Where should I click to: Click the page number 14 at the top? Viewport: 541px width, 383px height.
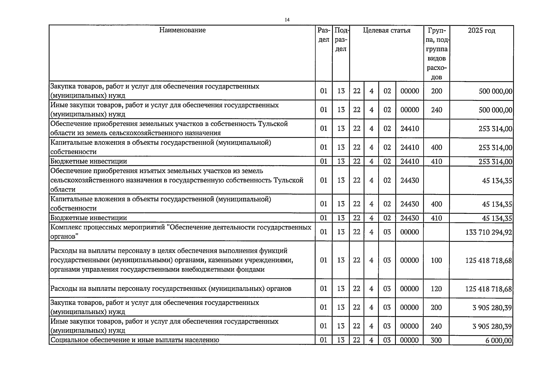coord(287,20)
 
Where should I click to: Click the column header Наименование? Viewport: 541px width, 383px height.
coord(182,30)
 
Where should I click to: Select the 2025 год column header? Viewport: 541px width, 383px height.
coord(481,31)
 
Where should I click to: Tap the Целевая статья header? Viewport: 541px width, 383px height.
coord(387,31)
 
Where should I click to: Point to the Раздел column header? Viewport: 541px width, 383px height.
coord(324,35)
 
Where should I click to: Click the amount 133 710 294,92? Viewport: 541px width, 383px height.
coord(488,232)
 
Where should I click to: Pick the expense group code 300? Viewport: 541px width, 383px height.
coord(436,340)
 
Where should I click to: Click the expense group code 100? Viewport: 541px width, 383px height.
coord(436,260)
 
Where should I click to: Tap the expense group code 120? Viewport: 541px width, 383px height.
coord(436,289)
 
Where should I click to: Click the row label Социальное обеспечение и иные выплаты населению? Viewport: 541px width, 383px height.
coord(135,340)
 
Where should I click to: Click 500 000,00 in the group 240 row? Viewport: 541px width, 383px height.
coord(495,110)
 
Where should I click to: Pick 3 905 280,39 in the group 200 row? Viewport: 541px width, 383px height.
coord(492,308)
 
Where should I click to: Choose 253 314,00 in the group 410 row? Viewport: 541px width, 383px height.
coord(495,162)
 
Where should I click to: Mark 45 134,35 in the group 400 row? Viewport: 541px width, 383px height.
coord(497,204)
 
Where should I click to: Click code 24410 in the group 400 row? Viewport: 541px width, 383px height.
coord(410,147)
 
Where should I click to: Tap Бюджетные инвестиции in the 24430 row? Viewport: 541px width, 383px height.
coord(89,218)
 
